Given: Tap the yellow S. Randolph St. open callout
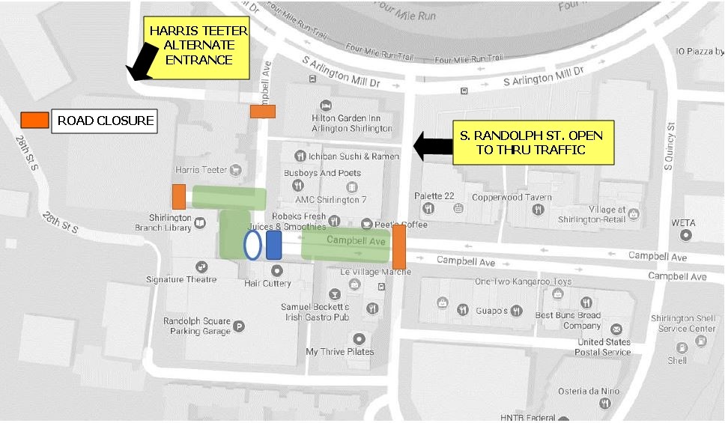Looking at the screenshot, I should (533, 143).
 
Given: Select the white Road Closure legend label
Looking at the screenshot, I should (105, 121).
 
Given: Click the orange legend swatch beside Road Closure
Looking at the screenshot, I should (34, 120).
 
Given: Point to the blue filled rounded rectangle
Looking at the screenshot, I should (274, 245).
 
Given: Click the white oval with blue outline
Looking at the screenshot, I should (252, 245).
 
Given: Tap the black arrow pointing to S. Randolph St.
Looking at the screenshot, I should (433, 145).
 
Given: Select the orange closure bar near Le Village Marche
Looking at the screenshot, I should (399, 246).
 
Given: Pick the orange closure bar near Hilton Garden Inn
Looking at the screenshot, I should (263, 112).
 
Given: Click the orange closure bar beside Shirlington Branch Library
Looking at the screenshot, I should (179, 196).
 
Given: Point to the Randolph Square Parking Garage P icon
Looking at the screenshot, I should (239, 326).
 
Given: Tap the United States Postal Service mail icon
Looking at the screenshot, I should (616, 329).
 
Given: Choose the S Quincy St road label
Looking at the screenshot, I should (671, 147).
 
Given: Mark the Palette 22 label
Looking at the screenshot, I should (435, 196).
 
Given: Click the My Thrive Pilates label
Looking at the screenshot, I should (339, 351).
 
